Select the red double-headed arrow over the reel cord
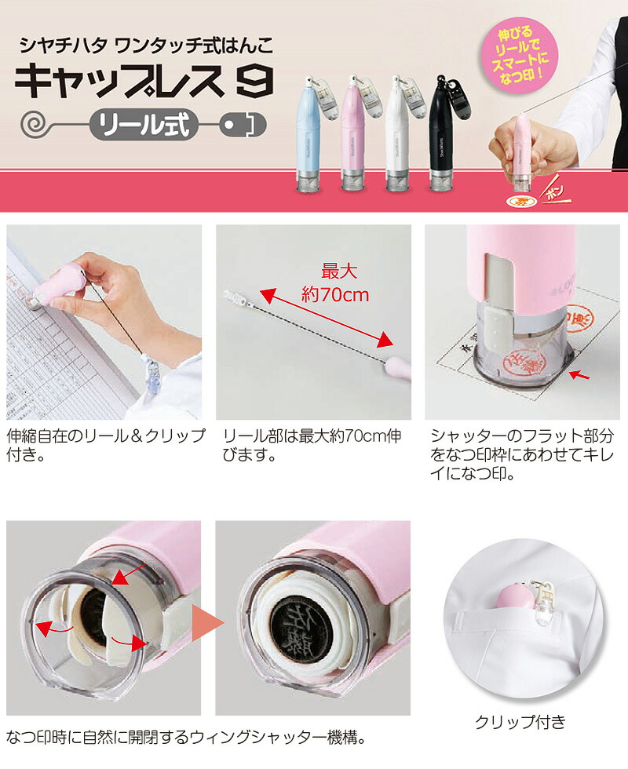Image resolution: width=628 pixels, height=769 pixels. coord(326,318)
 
